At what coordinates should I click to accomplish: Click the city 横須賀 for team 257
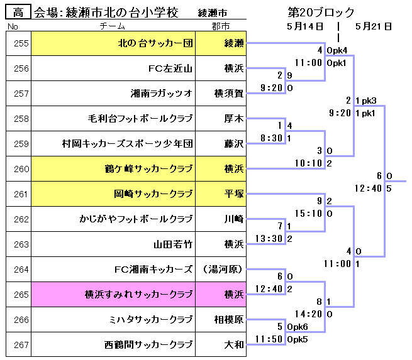tap(228, 94)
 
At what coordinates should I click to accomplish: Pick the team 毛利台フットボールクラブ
tap(140, 119)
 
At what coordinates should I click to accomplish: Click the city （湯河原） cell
tap(223, 270)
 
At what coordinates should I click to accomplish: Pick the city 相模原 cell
tap(229, 320)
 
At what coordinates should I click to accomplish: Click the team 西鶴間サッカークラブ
tap(148, 345)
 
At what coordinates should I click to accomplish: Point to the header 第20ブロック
tap(321, 13)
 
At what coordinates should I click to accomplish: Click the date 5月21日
tap(374, 26)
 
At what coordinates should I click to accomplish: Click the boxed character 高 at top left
tap(18, 13)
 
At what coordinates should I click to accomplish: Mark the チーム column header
tap(113, 26)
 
